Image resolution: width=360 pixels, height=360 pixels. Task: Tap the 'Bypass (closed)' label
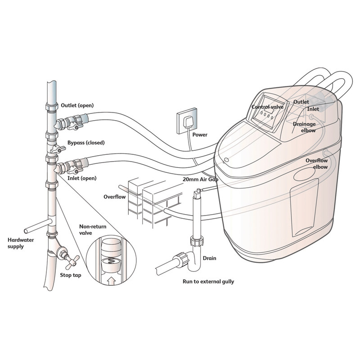[x=86, y=143]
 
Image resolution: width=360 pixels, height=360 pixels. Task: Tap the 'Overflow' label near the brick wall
[x=115, y=197]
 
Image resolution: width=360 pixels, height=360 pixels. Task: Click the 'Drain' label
[x=209, y=258]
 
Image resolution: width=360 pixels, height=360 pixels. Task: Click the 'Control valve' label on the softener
[x=267, y=108]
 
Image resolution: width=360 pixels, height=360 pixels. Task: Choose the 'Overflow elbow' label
[x=316, y=163]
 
